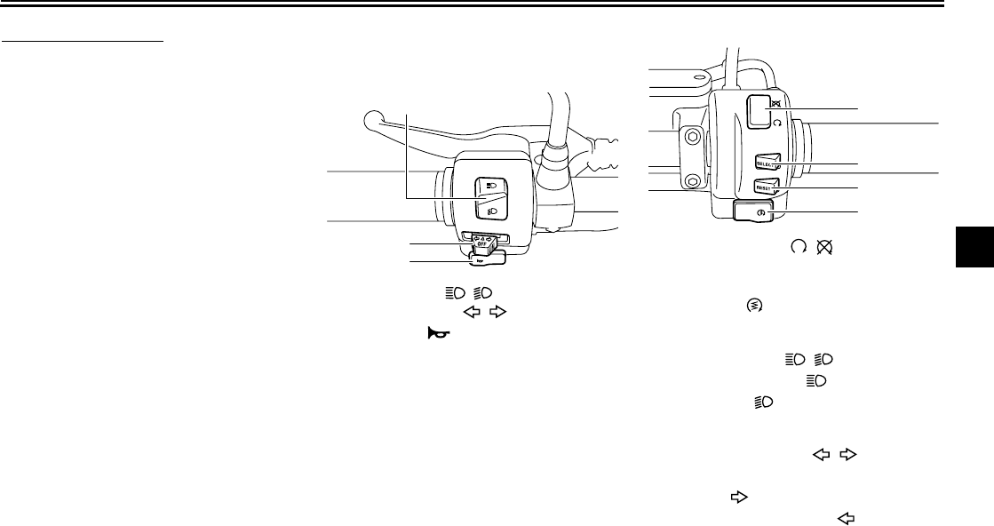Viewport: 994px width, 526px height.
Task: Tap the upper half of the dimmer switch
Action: tap(489, 185)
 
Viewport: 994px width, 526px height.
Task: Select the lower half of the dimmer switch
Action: tap(491, 209)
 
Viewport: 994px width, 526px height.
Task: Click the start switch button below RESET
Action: tap(753, 211)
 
